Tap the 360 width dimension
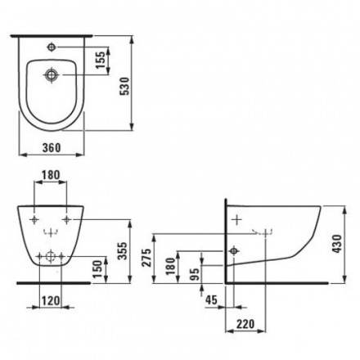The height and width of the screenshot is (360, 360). pos(52,148)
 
